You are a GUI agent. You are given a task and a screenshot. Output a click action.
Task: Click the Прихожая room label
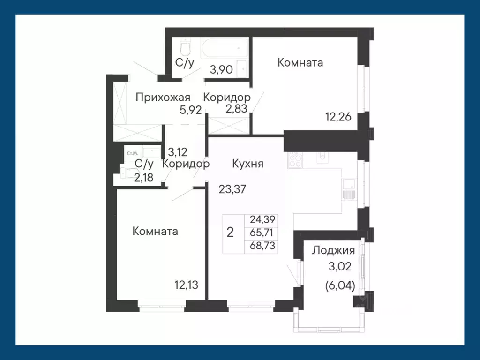(163, 97)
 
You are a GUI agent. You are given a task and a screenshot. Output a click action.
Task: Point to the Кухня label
(247, 164)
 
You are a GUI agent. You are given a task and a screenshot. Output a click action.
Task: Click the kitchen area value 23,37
(232, 189)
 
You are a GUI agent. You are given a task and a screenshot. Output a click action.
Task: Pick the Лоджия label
(333, 250)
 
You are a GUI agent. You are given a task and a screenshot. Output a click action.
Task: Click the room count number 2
(230, 232)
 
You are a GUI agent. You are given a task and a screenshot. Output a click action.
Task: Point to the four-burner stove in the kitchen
(295, 161)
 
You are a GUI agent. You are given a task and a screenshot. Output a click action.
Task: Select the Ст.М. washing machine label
(131, 153)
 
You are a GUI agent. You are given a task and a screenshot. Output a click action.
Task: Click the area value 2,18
(144, 178)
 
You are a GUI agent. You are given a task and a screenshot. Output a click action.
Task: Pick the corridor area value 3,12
(178, 152)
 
